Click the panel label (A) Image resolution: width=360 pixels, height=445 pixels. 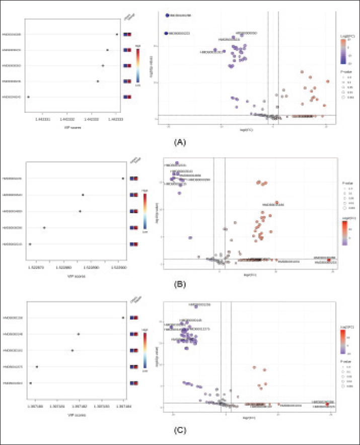click(x=180, y=143)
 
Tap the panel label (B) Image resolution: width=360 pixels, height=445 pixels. click(x=180, y=284)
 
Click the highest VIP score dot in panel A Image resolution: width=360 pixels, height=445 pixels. click(x=117, y=35)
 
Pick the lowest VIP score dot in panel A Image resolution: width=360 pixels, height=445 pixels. click(x=28, y=97)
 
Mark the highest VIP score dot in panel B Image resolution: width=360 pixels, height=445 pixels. click(x=123, y=178)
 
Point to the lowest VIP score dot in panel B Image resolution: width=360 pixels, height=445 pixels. click(x=30, y=244)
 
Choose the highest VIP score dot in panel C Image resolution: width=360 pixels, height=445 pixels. click(x=123, y=317)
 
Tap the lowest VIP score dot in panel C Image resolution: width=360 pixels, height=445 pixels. click(x=31, y=383)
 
